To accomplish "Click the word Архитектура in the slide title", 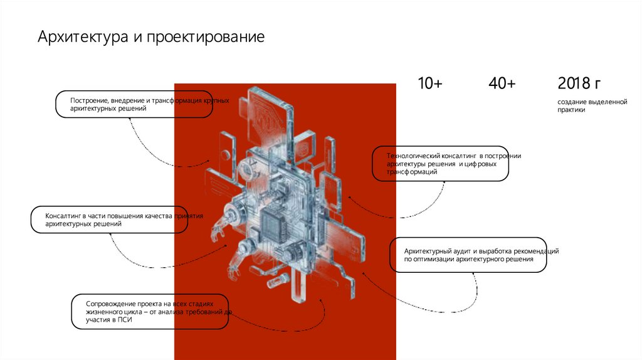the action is point(83,36).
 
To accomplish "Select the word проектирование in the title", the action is point(206,37).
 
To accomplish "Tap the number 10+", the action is point(430,83).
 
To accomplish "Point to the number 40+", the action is point(502,83).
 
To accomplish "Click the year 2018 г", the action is point(579,83).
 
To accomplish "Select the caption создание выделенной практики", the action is point(592,105).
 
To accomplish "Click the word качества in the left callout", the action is point(158,216).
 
